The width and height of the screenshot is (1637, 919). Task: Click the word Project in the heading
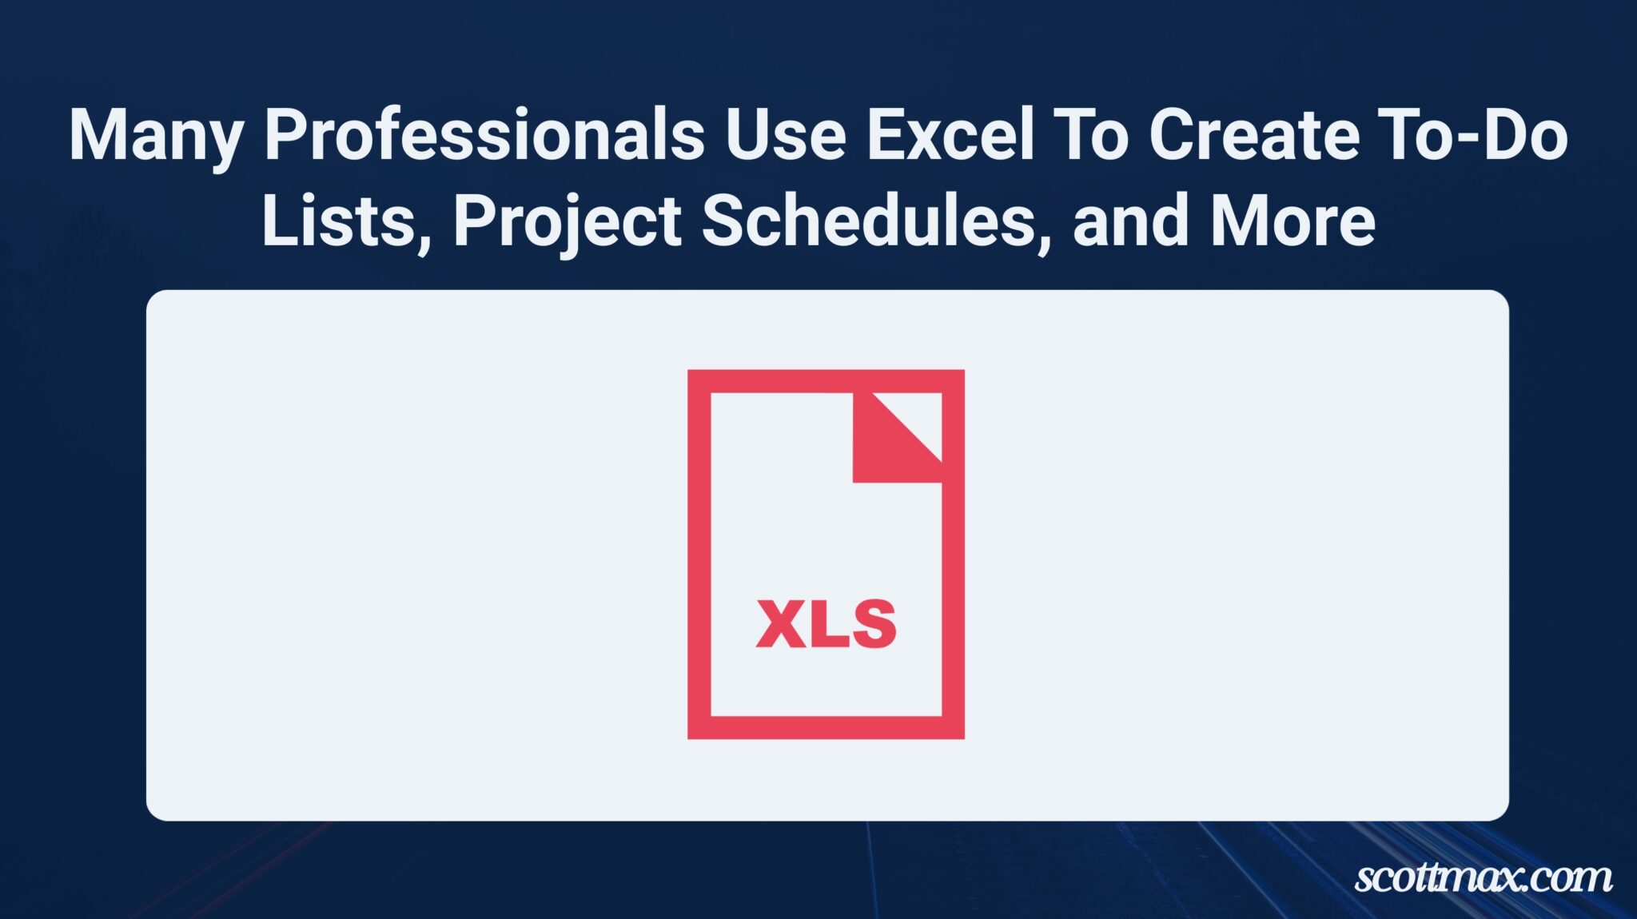(568, 222)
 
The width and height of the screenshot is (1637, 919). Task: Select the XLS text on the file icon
(826, 623)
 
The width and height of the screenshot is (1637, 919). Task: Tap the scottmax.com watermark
(1483, 877)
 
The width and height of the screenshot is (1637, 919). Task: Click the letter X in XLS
(782, 623)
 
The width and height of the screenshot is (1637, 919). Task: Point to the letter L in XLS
(826, 623)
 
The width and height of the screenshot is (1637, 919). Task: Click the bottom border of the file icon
(826, 727)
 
